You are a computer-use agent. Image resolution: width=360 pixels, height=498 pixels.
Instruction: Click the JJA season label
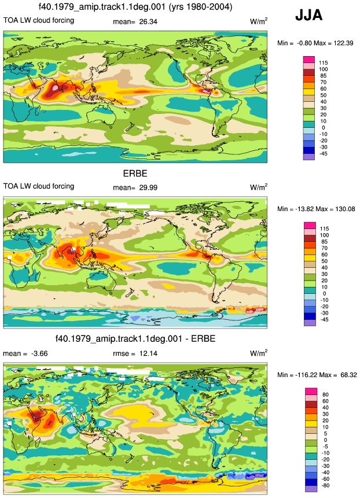click(309, 15)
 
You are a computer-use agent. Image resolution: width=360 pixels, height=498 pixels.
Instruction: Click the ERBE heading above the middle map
click(135, 174)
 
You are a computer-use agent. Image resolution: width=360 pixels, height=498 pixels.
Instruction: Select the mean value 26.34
click(148, 21)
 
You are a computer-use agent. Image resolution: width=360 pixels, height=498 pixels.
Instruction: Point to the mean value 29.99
click(148, 188)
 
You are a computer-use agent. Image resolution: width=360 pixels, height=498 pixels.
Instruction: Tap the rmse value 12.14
click(148, 353)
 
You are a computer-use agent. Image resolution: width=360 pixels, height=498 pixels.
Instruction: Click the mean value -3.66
click(39, 353)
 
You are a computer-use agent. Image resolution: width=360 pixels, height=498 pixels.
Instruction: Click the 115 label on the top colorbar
click(323, 63)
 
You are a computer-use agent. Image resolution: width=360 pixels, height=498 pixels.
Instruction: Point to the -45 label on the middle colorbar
click(324, 319)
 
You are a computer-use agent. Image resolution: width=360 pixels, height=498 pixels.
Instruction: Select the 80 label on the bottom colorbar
click(325, 395)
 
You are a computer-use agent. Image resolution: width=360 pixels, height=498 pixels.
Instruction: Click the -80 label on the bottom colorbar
click(325, 486)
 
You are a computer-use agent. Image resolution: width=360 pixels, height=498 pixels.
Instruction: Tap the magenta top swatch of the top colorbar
click(309, 60)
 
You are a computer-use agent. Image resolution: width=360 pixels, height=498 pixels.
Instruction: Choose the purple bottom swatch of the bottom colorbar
click(311, 489)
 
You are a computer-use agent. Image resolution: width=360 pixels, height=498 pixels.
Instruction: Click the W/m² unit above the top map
click(259, 21)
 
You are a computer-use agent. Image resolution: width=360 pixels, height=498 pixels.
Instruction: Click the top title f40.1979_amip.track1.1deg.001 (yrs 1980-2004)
click(135, 7)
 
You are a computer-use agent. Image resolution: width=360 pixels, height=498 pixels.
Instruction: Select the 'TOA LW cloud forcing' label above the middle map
click(39, 186)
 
